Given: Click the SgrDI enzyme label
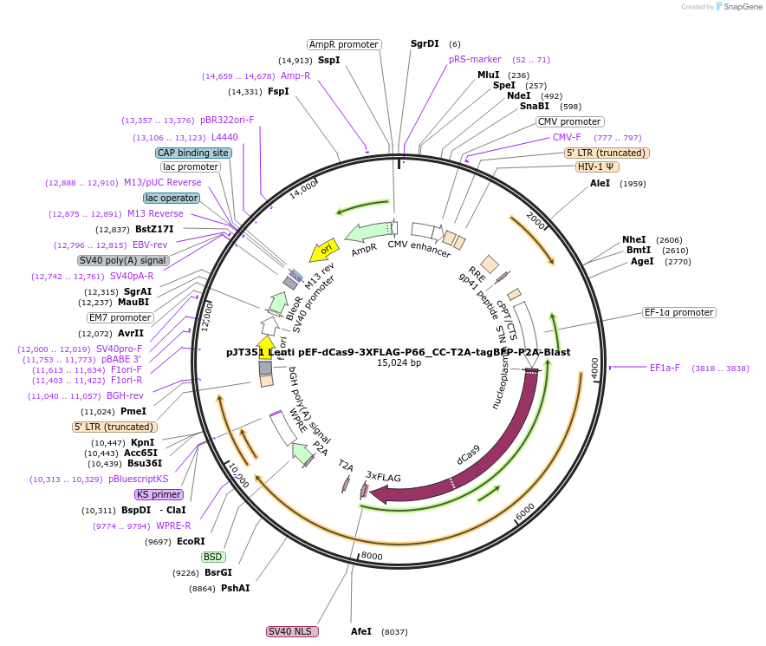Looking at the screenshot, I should tap(425, 43).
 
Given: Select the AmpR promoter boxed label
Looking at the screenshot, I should tap(344, 44).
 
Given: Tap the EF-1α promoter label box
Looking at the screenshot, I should tap(679, 312).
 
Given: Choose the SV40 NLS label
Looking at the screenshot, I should tap(292, 631).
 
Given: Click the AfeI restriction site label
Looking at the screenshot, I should tap(361, 631).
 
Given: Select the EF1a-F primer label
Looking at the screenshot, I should tap(665, 368).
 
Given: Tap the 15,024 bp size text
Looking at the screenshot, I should tap(399, 363).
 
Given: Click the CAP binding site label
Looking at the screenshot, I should tap(193, 153).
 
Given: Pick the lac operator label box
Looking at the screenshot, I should tap(172, 198).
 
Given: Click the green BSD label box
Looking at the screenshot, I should tap(212, 557).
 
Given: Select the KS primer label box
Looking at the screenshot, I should tap(159, 494).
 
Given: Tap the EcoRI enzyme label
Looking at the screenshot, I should tap(191, 541).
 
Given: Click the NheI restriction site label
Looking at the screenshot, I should tap(634, 239).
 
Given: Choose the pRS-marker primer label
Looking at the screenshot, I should tap(475, 59).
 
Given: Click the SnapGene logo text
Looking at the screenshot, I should tap(742, 6).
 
